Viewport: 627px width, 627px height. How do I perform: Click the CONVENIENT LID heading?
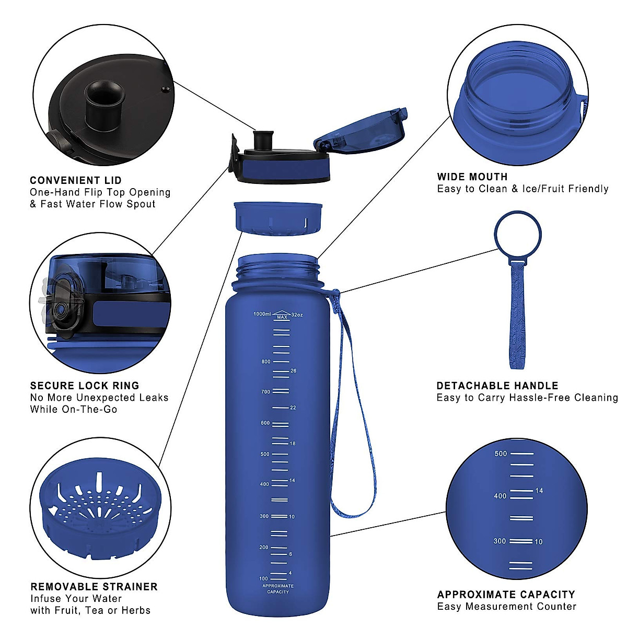click(76, 180)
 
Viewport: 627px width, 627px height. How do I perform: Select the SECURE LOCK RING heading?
click(85, 386)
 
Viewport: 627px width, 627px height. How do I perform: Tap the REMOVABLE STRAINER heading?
click(94, 587)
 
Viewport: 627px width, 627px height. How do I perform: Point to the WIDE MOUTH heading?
click(472, 177)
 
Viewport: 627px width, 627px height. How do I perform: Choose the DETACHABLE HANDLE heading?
click(497, 386)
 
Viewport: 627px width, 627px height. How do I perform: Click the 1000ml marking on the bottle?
click(262, 314)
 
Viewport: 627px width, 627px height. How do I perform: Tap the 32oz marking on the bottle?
click(297, 315)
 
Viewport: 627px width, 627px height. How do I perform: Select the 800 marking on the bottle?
click(266, 362)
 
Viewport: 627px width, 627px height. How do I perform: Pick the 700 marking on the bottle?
click(266, 391)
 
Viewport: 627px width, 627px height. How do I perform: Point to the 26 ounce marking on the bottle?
click(293, 371)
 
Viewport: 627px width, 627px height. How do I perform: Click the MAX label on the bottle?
click(282, 317)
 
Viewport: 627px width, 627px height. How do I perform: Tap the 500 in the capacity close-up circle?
click(501, 454)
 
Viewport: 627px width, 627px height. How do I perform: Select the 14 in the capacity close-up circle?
click(539, 491)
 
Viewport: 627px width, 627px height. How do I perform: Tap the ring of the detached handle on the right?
click(518, 235)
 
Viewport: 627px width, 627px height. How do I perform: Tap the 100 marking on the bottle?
click(264, 578)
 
